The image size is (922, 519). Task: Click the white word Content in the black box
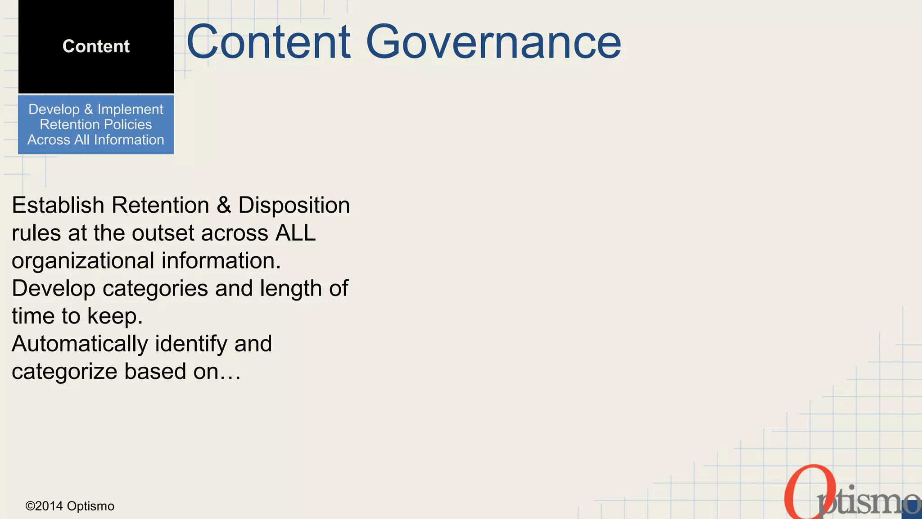(x=96, y=46)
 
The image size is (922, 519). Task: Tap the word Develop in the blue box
(x=54, y=109)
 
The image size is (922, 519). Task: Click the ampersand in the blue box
(x=88, y=109)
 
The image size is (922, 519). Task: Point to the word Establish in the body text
(x=58, y=205)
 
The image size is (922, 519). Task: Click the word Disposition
(x=294, y=205)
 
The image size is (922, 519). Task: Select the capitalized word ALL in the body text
(x=295, y=233)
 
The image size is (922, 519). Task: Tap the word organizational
(x=83, y=261)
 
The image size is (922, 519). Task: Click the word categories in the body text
(x=155, y=289)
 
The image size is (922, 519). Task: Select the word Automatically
(x=80, y=344)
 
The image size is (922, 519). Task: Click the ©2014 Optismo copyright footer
(x=70, y=506)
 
